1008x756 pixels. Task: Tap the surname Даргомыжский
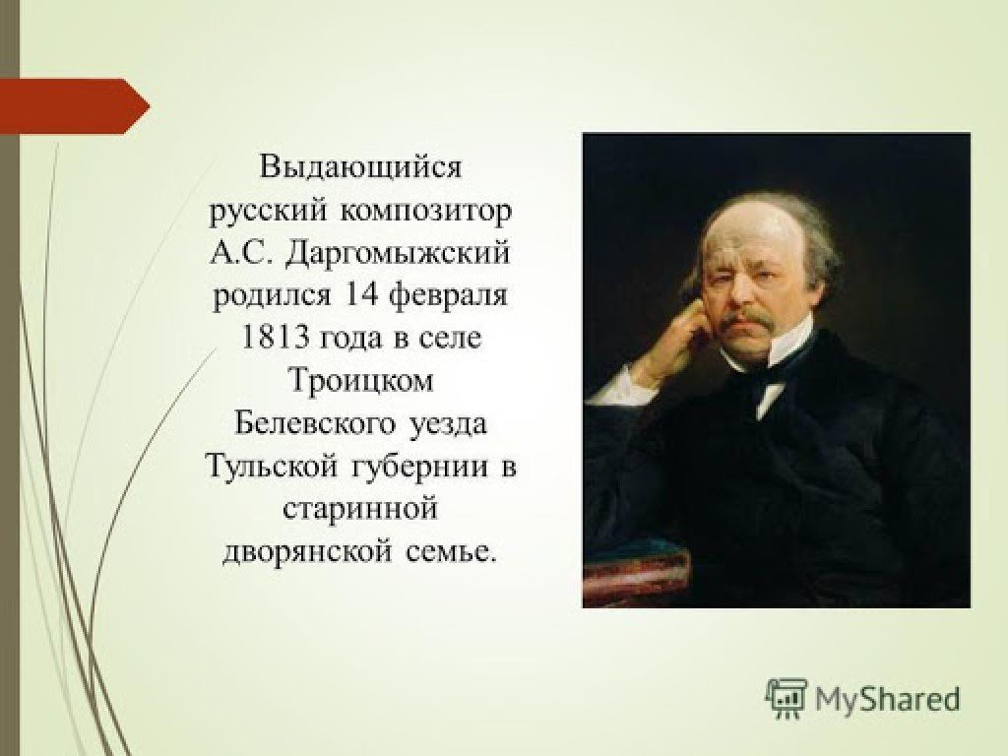(x=398, y=253)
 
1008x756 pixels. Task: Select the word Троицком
(x=360, y=381)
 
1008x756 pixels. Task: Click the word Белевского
(x=315, y=423)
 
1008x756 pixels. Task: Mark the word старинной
(x=360, y=510)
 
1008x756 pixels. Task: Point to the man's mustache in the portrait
(x=750, y=318)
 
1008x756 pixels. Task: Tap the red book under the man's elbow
(x=636, y=575)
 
